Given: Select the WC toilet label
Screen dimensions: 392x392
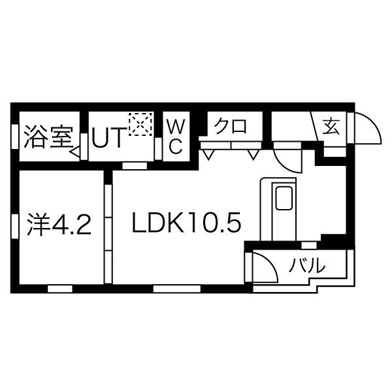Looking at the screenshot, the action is (175, 135).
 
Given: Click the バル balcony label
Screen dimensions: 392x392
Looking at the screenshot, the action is (307, 266).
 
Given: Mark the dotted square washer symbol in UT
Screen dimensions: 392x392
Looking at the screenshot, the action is (140, 124).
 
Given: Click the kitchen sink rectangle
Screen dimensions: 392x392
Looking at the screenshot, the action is (284, 199).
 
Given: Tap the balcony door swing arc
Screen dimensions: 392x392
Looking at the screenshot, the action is (265, 265).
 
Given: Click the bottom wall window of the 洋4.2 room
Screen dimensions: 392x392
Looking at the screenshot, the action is (59, 287).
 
